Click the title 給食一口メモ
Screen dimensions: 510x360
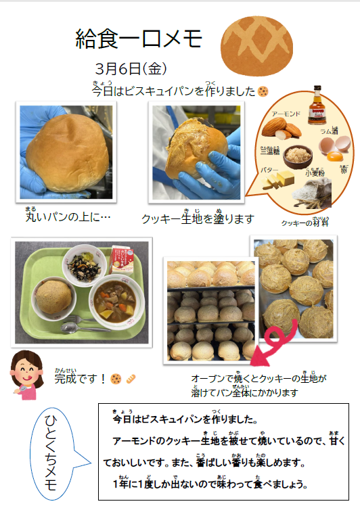[x=139, y=39]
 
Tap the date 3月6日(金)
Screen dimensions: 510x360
[x=131, y=69]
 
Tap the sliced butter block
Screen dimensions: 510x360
[x=277, y=180]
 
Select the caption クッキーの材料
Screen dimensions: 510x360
[x=305, y=221]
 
